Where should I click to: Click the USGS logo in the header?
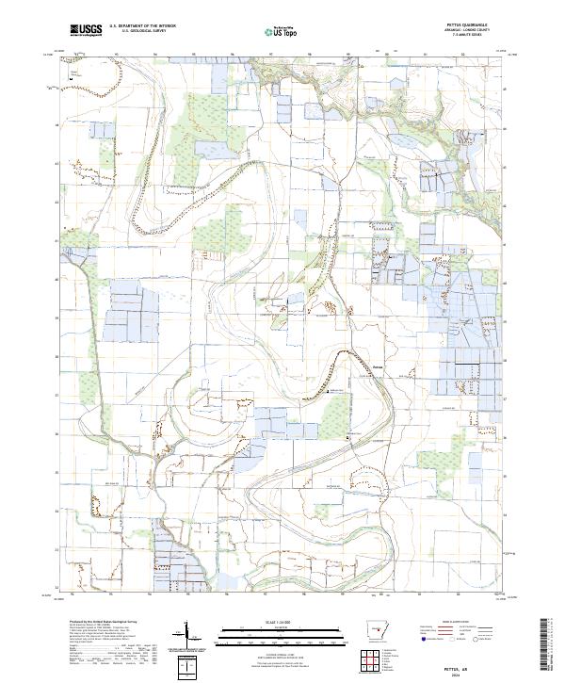[x=86, y=30]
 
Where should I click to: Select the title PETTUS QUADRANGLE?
[x=469, y=26]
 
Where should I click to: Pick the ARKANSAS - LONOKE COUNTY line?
[x=469, y=31]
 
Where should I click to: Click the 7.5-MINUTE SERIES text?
[x=469, y=36]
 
